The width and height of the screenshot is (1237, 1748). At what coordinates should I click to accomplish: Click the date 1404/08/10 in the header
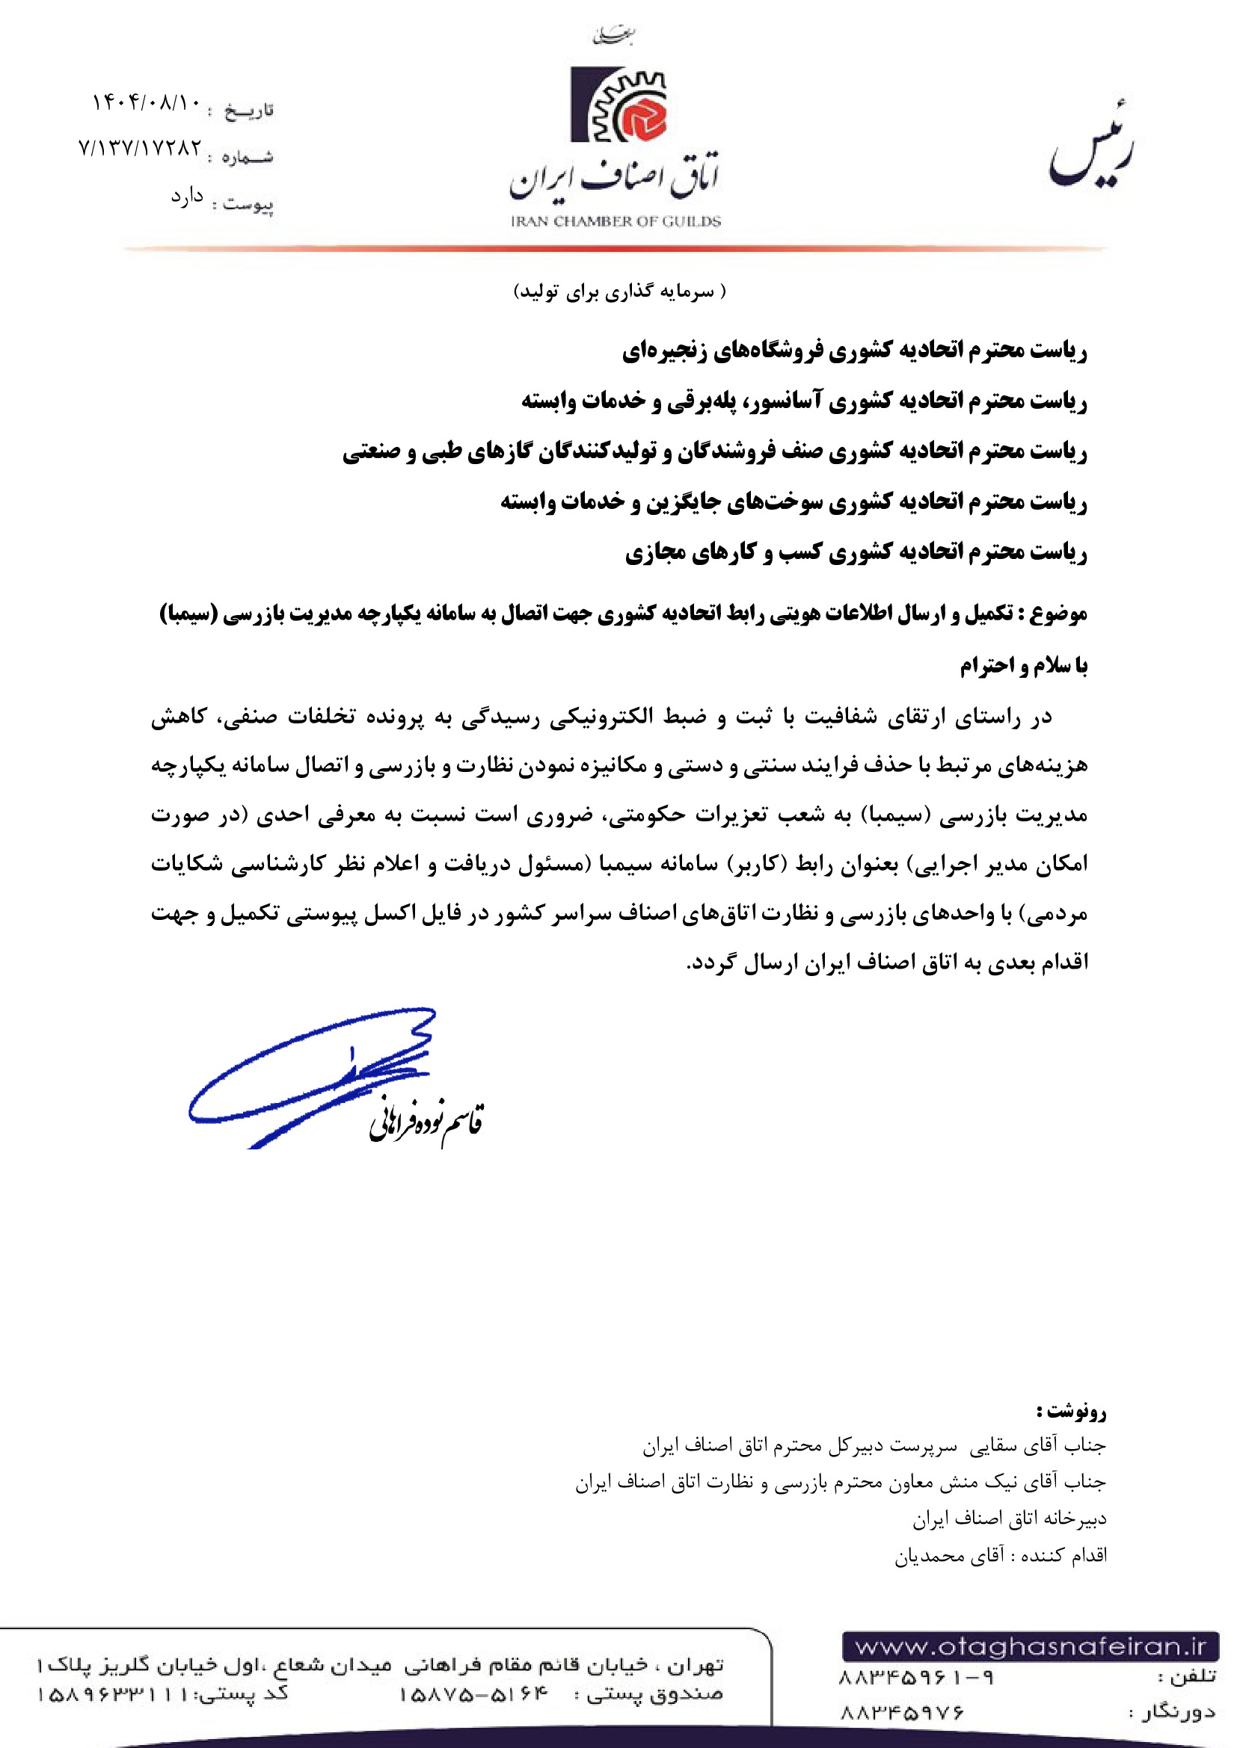[x=147, y=102]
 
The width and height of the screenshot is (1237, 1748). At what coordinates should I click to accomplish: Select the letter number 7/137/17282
[x=140, y=148]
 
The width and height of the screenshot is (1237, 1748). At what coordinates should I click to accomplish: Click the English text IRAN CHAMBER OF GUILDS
[x=616, y=221]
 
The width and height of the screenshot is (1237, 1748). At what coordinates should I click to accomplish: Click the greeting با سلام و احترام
[x=1023, y=666]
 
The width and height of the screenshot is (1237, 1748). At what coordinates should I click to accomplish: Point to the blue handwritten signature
[x=313, y=1073]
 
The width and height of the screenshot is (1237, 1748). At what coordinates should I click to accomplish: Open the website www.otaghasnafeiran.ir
[x=1031, y=1648]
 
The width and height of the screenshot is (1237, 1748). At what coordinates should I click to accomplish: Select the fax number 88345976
[x=903, y=1713]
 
